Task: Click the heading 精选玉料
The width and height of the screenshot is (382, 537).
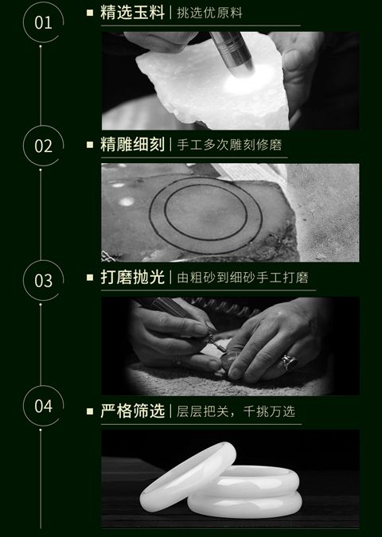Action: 133,13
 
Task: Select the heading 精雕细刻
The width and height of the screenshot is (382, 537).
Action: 133,144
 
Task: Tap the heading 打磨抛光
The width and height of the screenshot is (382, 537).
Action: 133,277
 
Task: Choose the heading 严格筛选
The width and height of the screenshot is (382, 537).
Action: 133,411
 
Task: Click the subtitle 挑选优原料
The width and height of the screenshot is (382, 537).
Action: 209,13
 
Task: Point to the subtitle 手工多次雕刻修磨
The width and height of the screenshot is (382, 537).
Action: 229,145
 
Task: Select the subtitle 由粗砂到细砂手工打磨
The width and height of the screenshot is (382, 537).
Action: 243,278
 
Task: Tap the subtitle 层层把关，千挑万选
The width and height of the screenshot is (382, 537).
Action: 236,411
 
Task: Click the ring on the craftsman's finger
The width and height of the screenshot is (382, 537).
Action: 288,363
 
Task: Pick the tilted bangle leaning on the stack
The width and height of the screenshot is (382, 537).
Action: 188,473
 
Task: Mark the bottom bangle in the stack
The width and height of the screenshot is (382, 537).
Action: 245,504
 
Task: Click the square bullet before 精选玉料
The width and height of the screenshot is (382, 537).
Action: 90,13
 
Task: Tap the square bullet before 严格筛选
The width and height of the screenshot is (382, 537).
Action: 90,411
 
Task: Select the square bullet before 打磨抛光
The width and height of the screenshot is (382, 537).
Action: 90,278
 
